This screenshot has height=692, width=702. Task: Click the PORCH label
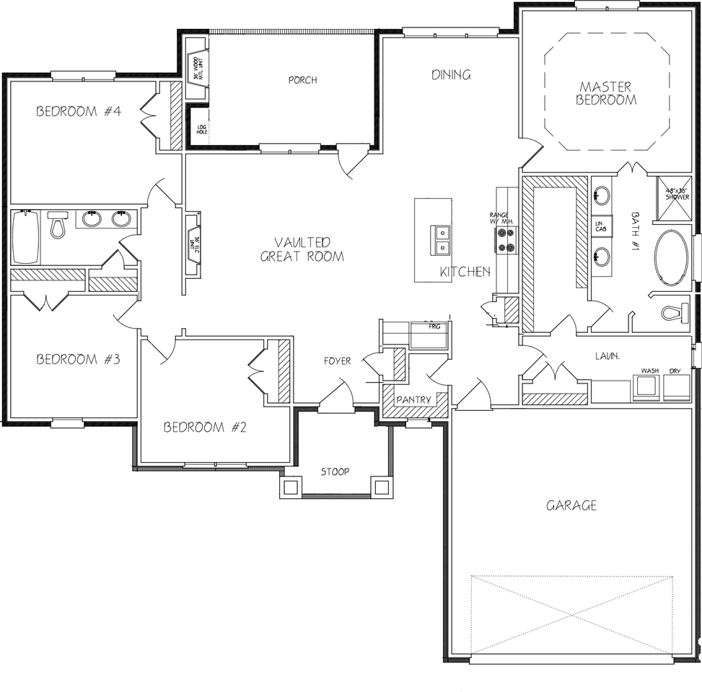tap(302, 80)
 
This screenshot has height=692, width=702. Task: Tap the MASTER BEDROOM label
tap(606, 94)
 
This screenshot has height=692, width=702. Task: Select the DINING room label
tap(451, 74)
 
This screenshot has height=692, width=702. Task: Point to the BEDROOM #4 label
tap(79, 111)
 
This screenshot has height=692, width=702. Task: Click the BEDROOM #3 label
tap(78, 359)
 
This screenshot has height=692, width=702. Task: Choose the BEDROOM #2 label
tap(206, 427)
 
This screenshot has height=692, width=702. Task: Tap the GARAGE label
tap(571, 505)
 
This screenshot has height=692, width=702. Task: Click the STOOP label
tap(335, 471)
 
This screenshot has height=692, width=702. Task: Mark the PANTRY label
tap(413, 399)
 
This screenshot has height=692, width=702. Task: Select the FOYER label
tap(337, 360)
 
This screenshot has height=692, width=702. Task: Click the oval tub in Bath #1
tap(672, 257)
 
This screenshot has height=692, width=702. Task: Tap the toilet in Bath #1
tap(675, 313)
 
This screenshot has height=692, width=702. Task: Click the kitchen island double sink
tap(440, 239)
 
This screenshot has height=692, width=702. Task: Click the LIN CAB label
tap(600, 227)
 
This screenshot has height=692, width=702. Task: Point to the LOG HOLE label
tap(201, 130)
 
